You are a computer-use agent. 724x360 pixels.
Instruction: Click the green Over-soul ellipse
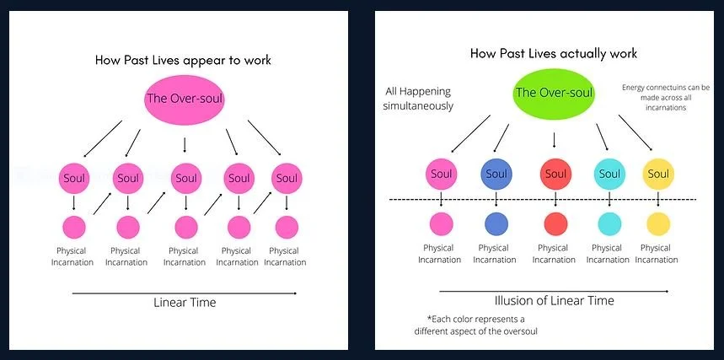point(554,94)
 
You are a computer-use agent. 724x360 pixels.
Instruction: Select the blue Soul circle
point(496,174)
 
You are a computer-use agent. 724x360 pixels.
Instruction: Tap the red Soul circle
point(554,175)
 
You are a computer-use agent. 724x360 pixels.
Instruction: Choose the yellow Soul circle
point(657,174)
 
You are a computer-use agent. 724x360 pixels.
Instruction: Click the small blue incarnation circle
point(496,223)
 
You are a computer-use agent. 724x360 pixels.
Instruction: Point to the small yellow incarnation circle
point(657,223)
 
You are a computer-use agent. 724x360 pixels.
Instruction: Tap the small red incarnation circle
point(555,223)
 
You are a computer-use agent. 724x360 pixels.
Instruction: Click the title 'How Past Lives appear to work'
point(184,60)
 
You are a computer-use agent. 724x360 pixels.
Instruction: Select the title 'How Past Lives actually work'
point(553,53)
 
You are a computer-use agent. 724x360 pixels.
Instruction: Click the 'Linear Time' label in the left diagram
point(185,302)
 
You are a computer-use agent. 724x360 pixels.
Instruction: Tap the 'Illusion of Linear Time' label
point(554,300)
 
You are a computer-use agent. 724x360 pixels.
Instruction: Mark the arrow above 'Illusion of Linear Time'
point(554,291)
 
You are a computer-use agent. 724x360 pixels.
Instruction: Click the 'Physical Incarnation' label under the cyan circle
point(607,254)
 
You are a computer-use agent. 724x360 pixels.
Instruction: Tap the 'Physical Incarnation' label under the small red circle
point(554,254)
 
